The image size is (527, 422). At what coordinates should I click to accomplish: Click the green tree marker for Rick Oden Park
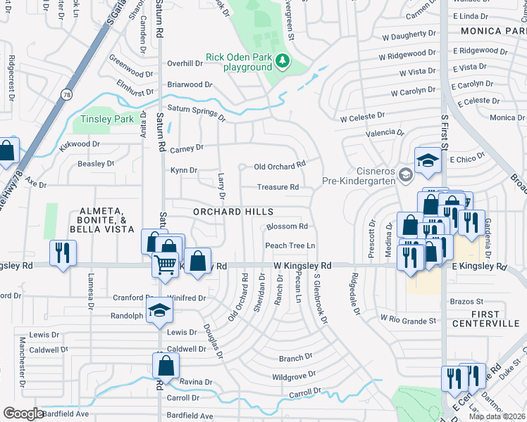click(x=283, y=61)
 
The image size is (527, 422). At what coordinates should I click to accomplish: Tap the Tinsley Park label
click(x=108, y=119)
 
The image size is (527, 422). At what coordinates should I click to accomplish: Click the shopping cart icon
click(x=165, y=264)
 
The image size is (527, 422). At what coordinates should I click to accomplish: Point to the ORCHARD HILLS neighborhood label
click(x=233, y=212)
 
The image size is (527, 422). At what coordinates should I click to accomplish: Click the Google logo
click(x=23, y=414)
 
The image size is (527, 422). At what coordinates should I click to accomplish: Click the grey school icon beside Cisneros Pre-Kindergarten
click(x=405, y=174)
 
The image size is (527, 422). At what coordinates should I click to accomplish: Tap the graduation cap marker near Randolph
click(x=160, y=310)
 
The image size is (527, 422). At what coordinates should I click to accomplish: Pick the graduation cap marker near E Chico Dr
click(x=428, y=160)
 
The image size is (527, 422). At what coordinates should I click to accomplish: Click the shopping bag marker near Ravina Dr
click(x=166, y=366)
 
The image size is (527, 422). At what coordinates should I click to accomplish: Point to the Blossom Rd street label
click(x=287, y=226)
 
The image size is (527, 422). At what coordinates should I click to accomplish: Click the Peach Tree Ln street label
click(x=290, y=245)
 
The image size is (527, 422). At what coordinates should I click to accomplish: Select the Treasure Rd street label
click(x=278, y=187)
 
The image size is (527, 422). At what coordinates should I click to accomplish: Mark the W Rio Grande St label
click(x=409, y=319)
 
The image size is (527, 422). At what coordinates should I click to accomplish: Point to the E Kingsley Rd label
click(x=480, y=267)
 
